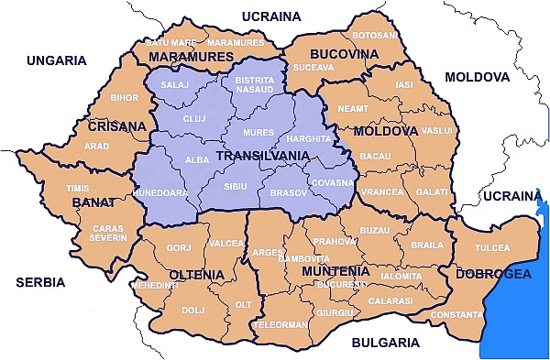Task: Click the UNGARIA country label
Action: (x=57, y=60)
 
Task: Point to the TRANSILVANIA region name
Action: (x=260, y=156)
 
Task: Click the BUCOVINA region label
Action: (x=344, y=54)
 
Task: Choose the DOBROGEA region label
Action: (x=493, y=273)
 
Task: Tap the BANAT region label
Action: (x=94, y=202)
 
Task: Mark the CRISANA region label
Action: (x=116, y=126)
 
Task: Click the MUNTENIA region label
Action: (x=336, y=271)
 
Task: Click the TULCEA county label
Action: (x=491, y=248)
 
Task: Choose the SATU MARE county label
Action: (x=171, y=43)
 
